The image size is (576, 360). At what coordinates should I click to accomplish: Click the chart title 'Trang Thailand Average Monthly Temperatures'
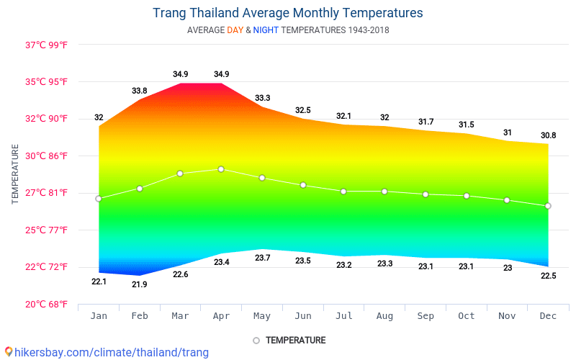[x=287, y=13]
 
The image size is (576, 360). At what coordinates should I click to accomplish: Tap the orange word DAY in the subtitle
[x=235, y=30]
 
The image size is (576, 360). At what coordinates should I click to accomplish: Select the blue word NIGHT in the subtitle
[x=266, y=30]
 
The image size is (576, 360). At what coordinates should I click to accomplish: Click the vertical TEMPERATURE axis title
[x=15, y=174]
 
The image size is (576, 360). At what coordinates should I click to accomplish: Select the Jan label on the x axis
[x=99, y=316]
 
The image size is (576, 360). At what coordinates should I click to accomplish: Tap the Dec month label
[x=548, y=316]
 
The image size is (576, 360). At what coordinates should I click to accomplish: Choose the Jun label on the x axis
[x=303, y=316]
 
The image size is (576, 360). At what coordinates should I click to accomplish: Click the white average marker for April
[x=221, y=169]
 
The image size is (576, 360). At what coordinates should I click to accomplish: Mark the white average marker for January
[x=99, y=199]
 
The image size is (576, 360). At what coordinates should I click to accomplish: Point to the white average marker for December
[x=548, y=206]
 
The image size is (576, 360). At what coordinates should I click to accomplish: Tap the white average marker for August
[x=384, y=192]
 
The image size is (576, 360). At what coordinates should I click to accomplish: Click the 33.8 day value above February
[x=140, y=91]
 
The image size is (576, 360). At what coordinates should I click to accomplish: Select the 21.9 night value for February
[x=140, y=284]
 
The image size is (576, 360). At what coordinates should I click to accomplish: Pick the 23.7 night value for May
[x=262, y=258]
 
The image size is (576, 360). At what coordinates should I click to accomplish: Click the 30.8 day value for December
[x=548, y=135]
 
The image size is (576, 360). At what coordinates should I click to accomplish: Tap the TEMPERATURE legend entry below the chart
[x=295, y=340]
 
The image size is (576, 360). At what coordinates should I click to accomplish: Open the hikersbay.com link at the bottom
[x=108, y=352]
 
